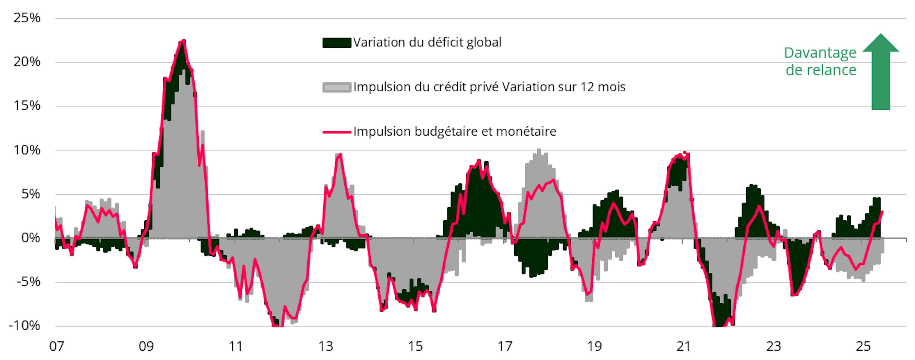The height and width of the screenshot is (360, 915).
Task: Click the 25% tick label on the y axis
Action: pyautogui.click(x=27, y=18)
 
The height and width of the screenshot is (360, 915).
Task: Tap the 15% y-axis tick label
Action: pyautogui.click(x=27, y=106)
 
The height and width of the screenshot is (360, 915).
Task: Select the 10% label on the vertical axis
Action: pyautogui.click(x=27, y=150)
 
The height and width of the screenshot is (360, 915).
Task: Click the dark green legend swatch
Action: pyautogui.click(x=337, y=43)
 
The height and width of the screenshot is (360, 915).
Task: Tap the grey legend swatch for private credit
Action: pyautogui.click(x=337, y=87)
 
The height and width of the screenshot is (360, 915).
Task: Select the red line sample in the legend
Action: pyautogui.click(x=337, y=132)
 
